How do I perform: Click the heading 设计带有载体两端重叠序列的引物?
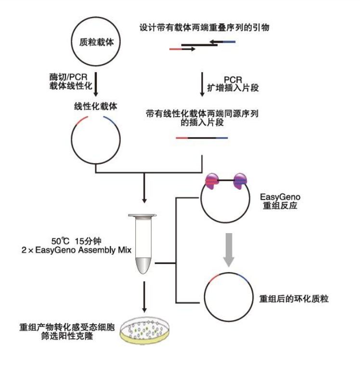click(204, 28)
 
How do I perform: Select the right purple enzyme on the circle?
click(240, 182)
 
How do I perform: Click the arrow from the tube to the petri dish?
click(144, 296)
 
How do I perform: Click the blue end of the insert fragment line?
click(222, 138)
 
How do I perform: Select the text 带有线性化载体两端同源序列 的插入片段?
click(202, 118)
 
